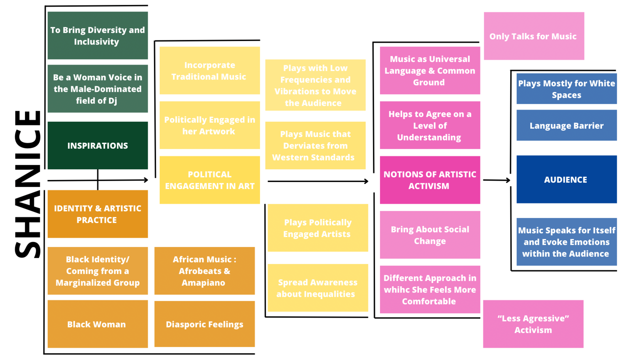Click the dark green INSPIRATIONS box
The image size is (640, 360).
[x=97, y=145]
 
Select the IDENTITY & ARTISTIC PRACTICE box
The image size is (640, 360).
[x=97, y=214]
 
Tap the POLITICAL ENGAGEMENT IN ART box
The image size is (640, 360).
[x=209, y=180]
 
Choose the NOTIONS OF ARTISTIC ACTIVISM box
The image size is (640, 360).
[x=430, y=180]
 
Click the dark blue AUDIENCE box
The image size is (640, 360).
[x=566, y=180]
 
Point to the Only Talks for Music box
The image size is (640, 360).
[x=534, y=36]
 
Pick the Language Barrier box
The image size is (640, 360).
[x=566, y=125]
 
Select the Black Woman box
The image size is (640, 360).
[x=97, y=324]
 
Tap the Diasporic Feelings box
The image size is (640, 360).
[x=204, y=324]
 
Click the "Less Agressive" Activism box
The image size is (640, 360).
[x=533, y=324]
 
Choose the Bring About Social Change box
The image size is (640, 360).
[x=430, y=235]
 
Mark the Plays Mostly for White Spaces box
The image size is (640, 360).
[x=566, y=89]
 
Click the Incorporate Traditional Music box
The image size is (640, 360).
[x=209, y=70]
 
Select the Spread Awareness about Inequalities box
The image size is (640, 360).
[x=318, y=288]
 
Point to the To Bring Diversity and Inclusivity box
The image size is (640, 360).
[x=97, y=35]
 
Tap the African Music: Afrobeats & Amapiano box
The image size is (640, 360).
[x=204, y=271]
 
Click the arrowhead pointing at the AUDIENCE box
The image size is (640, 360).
[x=508, y=180]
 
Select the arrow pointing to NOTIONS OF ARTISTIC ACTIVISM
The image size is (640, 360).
[x=318, y=181]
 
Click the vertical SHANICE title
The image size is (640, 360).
[x=28, y=184]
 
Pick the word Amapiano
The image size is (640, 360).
[x=203, y=283]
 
